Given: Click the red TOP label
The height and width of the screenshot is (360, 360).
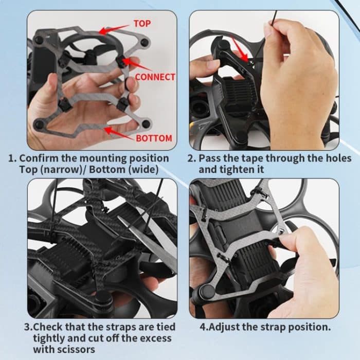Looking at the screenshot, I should [x=142, y=23].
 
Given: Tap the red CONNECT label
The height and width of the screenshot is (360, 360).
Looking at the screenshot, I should [x=155, y=77].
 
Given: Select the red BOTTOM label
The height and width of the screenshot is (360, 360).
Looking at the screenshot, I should [x=154, y=138].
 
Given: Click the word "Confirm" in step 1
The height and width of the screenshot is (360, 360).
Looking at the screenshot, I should [x=37, y=158].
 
